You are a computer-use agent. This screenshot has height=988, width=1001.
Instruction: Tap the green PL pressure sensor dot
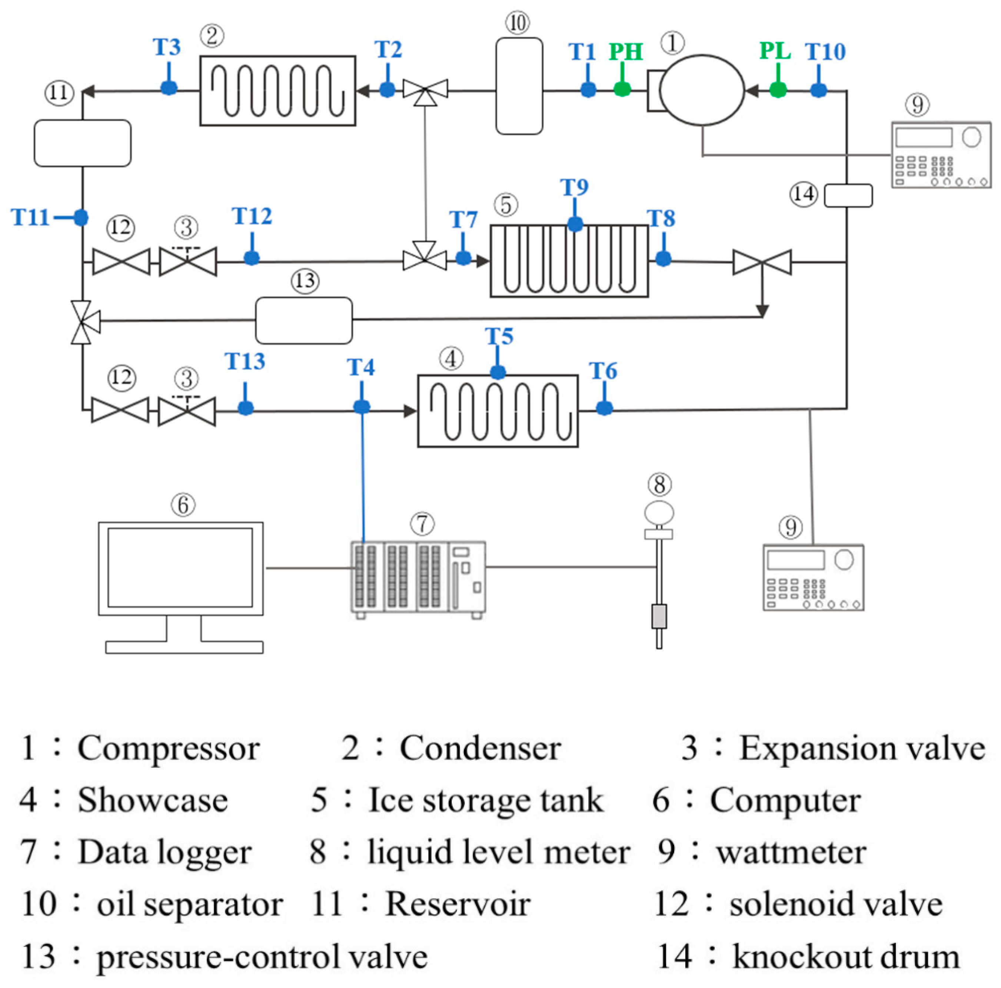coord(778,90)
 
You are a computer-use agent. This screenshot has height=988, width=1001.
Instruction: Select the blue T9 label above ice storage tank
coord(574,187)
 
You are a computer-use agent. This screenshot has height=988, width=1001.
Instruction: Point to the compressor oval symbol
coord(702,90)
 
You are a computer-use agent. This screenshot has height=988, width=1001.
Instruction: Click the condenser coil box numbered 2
coord(278,91)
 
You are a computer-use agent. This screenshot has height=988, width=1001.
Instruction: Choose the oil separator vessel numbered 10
coord(519,86)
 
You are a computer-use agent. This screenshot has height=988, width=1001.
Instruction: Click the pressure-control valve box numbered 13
coord(304,320)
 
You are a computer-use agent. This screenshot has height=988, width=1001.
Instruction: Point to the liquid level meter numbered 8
coord(659,570)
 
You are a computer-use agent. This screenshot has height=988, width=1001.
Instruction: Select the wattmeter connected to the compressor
coord(940,154)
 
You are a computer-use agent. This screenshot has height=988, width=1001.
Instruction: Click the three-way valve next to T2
coord(425,91)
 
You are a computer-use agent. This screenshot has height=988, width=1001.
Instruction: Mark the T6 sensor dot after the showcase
coord(604,408)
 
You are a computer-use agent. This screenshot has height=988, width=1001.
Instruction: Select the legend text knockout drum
coord(845,956)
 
